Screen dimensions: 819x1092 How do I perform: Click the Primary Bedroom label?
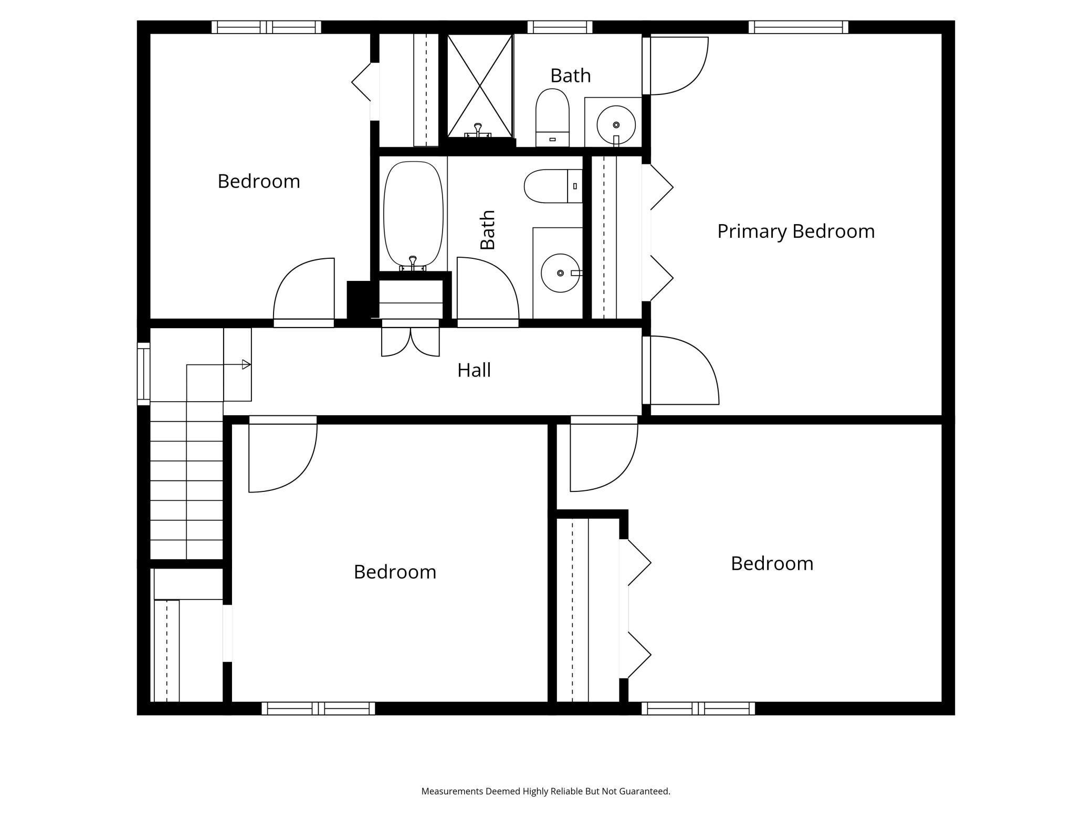tap(795, 232)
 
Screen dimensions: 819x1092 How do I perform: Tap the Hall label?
tap(474, 371)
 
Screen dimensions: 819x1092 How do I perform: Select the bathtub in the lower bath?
tap(413, 214)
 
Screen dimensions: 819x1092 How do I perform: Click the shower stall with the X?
tap(479, 85)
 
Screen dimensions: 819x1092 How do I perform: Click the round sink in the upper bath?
tap(616, 125)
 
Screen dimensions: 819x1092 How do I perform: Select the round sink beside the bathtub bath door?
tap(560, 273)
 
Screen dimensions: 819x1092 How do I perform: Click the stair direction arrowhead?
tap(246, 364)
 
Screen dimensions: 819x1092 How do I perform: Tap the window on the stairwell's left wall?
tap(143, 373)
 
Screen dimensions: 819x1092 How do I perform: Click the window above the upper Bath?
tap(560, 27)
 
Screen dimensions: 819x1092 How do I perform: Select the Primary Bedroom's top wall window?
tap(798, 27)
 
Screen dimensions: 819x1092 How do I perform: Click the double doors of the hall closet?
tap(410, 341)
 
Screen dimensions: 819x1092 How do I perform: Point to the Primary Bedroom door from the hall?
tap(682, 371)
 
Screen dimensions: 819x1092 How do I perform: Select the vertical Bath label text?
tap(488, 230)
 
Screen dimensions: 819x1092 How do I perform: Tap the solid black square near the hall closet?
tap(359, 299)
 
